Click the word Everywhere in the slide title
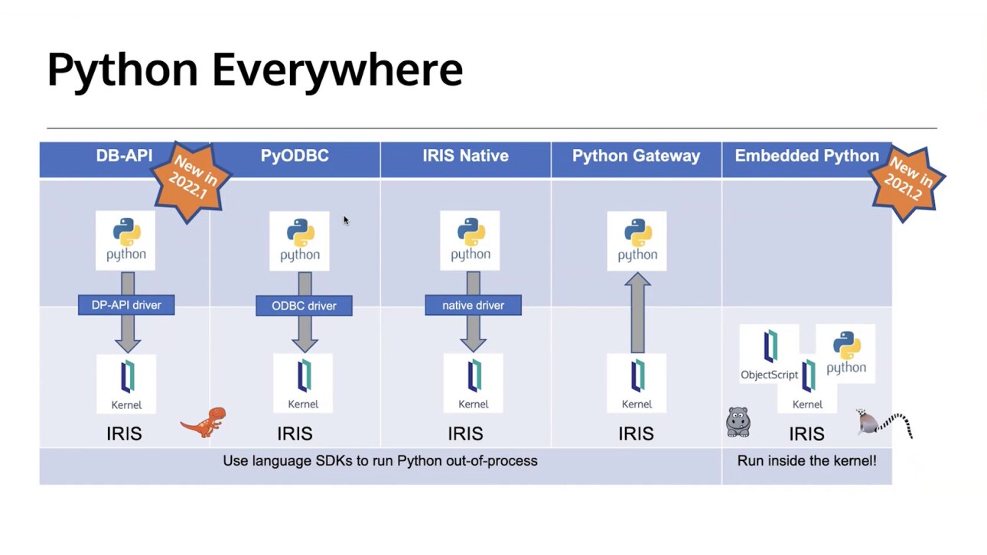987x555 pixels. tap(337, 70)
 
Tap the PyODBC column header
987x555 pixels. tap(295, 156)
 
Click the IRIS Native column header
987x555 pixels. tap(465, 156)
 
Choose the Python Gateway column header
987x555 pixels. tap(636, 156)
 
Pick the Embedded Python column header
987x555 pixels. tap(806, 156)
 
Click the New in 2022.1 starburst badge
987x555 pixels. tap(188, 177)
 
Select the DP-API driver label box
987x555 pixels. tap(125, 305)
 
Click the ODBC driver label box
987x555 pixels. tap(304, 306)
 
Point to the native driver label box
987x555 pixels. tap(473, 306)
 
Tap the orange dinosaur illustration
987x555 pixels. tap(204, 422)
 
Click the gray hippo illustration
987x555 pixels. tap(738, 422)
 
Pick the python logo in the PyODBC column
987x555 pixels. tap(299, 240)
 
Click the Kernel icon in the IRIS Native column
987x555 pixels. tap(473, 383)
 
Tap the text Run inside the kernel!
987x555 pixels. tap(806, 461)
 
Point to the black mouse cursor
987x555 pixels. tap(346, 220)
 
